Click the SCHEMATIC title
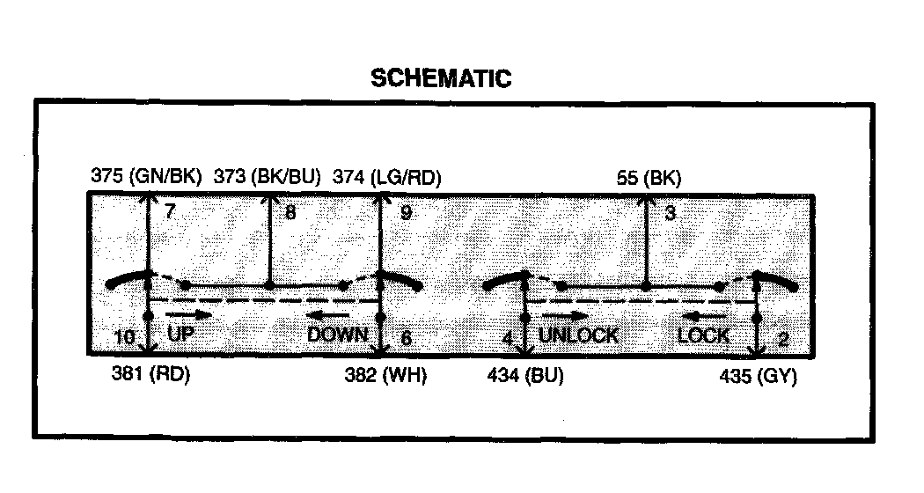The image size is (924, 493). pos(440,77)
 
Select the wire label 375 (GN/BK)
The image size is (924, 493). pos(147,178)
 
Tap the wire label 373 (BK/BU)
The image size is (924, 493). pos(268,178)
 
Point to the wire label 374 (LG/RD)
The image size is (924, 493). pos(386,178)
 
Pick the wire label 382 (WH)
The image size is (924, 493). pos(385,376)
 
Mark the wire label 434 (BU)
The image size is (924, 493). pos(525,376)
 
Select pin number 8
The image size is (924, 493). pos(290,212)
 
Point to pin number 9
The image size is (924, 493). pos(405,212)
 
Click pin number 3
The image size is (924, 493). pos(670,212)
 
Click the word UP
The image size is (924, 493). pos(182,335)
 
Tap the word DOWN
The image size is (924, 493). pos(337,335)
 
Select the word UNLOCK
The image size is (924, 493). pos(578,335)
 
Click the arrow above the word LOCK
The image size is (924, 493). pos(705,316)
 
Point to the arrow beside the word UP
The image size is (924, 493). pos(188,314)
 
